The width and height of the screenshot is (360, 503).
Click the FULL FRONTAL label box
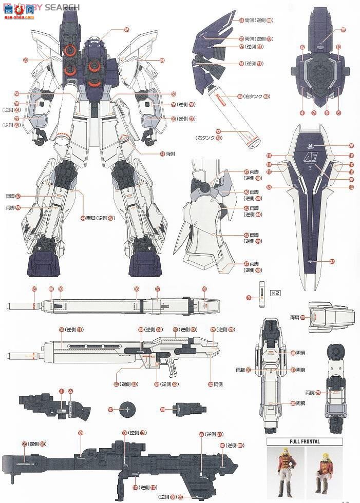(x=305, y=441)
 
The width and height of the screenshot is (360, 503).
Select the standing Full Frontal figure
(x=283, y=472)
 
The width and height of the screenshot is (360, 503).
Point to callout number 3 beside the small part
(x=249, y=298)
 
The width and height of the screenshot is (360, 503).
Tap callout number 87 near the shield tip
(x=332, y=261)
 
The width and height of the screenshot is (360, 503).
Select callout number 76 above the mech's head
(x=126, y=30)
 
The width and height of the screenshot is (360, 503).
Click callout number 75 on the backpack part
(x=343, y=30)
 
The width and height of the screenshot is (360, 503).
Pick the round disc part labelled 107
(x=126, y=409)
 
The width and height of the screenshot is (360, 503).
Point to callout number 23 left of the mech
(x=25, y=61)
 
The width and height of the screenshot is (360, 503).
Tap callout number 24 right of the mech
(x=162, y=61)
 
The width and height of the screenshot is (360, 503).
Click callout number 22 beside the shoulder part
(x=303, y=318)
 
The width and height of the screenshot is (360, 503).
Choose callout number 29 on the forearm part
(x=318, y=393)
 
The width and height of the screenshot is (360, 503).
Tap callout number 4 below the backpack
(x=302, y=113)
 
